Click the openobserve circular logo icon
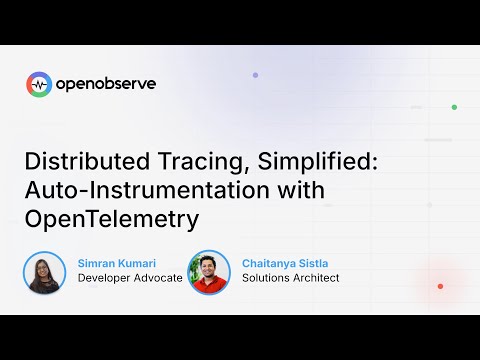[x=39, y=85]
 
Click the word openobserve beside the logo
[x=105, y=85]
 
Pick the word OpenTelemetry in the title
[x=111, y=217]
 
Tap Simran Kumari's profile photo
[x=45, y=272]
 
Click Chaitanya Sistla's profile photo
[x=209, y=272]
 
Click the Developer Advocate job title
[x=130, y=278]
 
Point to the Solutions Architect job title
[x=291, y=278]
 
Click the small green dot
[x=454, y=107]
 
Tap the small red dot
[x=440, y=286]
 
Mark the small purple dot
[x=255, y=75]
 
